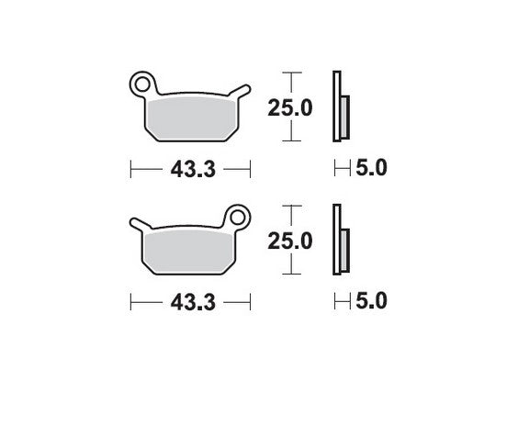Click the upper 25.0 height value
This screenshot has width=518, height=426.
pyautogui.click(x=290, y=107)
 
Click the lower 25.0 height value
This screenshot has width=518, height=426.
pyautogui.click(x=290, y=241)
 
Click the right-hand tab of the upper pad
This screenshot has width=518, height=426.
pyautogui.click(x=242, y=90)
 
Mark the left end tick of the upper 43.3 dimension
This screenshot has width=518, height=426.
pyautogui.click(x=131, y=169)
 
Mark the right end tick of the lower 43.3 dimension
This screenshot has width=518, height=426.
pyautogui.click(x=251, y=302)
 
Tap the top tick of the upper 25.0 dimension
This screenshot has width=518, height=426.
pyautogui.click(x=290, y=72)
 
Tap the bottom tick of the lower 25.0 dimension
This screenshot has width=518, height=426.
pyautogui.click(x=290, y=275)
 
